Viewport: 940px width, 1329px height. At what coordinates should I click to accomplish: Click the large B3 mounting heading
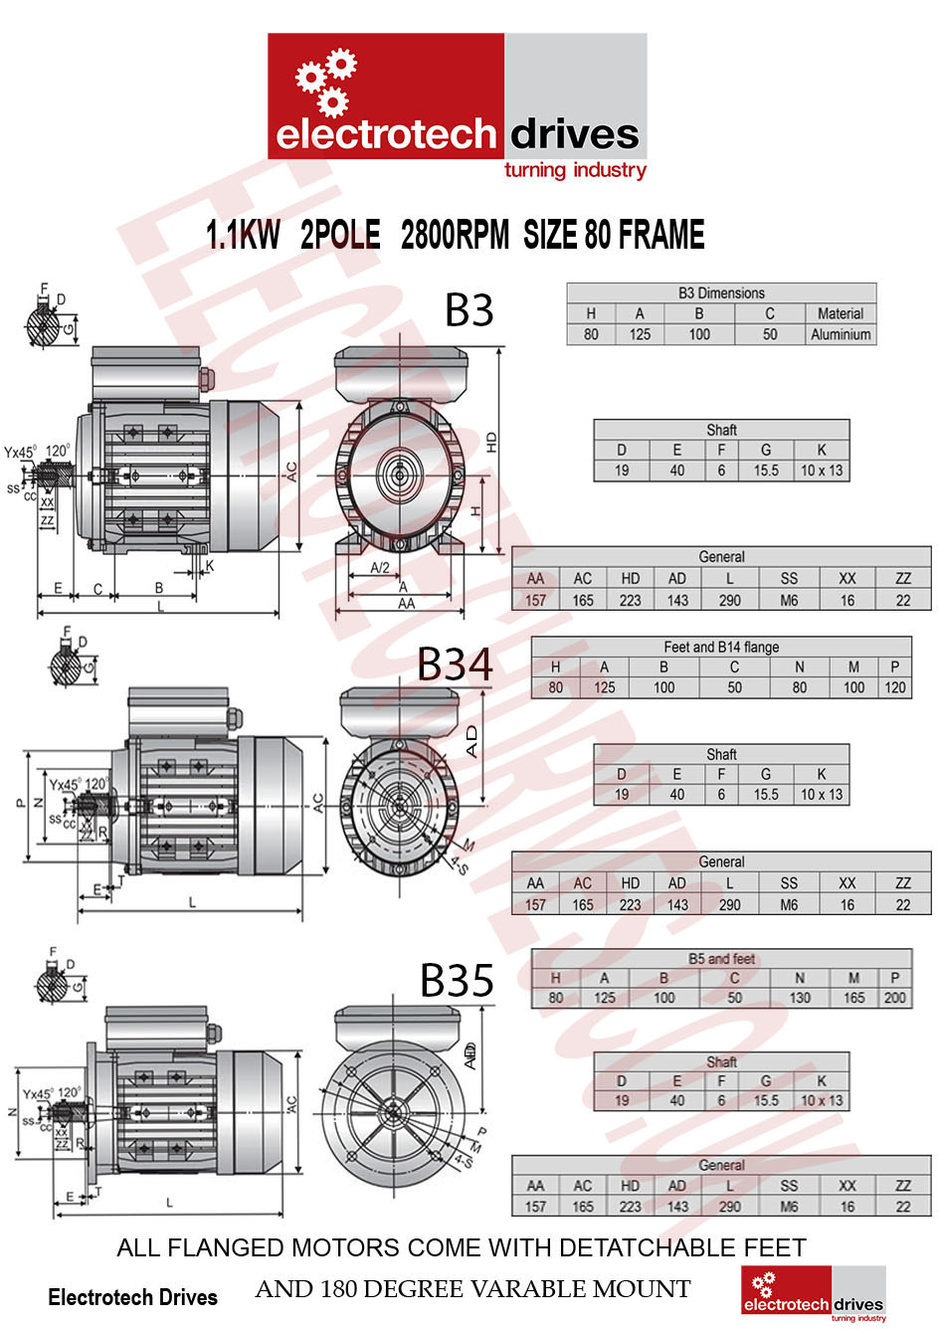coord(469,310)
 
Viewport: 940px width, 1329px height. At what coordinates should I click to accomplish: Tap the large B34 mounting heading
coord(455,664)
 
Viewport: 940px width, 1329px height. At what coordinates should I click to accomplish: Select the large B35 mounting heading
coord(457,980)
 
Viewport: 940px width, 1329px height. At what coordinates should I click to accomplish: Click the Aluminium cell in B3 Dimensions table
coord(841,334)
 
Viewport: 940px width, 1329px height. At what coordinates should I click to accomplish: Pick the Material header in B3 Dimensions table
coord(841,313)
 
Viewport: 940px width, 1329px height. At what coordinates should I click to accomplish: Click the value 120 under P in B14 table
coord(895,687)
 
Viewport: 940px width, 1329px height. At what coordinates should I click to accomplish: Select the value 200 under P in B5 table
coord(895,998)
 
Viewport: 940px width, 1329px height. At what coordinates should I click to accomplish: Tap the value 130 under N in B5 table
coord(799,998)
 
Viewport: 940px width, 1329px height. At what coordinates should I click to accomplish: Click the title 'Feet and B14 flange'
coord(721,647)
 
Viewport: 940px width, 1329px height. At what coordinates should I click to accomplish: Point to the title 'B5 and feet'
coord(721,959)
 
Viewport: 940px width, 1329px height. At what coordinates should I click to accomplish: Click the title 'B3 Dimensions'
coord(721,293)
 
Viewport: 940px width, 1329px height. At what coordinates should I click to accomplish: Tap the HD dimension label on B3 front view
coord(491,443)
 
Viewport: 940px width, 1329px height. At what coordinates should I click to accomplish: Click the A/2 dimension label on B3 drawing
coord(379,567)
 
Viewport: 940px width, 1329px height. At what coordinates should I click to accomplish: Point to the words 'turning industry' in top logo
coord(575,170)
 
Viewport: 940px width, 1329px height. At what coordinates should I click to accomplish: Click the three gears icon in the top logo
coord(326,82)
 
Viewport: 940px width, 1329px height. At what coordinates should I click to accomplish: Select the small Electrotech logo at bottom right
coord(814,1294)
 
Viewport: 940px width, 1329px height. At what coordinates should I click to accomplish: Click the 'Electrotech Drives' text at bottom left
coord(132,1297)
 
